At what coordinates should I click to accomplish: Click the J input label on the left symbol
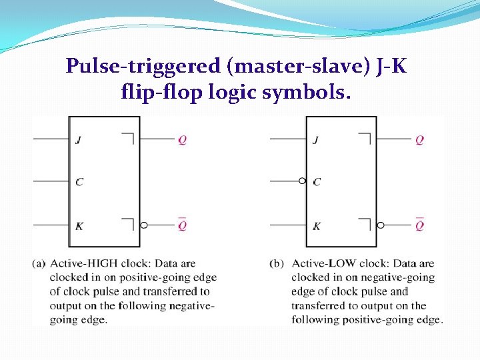[x=79, y=140]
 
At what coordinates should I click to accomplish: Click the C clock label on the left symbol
[x=79, y=182]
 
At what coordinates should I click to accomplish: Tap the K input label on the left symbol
[x=79, y=226]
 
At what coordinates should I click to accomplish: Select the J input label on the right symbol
[x=315, y=140]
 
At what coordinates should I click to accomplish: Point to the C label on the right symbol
[x=317, y=182]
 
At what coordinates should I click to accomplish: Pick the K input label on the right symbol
[x=316, y=226]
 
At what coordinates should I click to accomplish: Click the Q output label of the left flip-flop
[x=182, y=140]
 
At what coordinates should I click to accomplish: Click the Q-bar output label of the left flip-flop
[x=182, y=225]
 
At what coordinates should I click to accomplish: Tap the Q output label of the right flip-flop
[x=419, y=140]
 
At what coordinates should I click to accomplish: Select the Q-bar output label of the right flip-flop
[x=419, y=225]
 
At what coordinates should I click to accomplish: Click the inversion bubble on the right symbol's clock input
[x=302, y=181]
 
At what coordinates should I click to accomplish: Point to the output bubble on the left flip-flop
[x=144, y=225]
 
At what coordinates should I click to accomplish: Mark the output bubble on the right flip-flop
[x=381, y=225]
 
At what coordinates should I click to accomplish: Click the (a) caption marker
[x=39, y=263]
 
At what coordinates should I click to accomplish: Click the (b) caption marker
[x=276, y=263]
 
